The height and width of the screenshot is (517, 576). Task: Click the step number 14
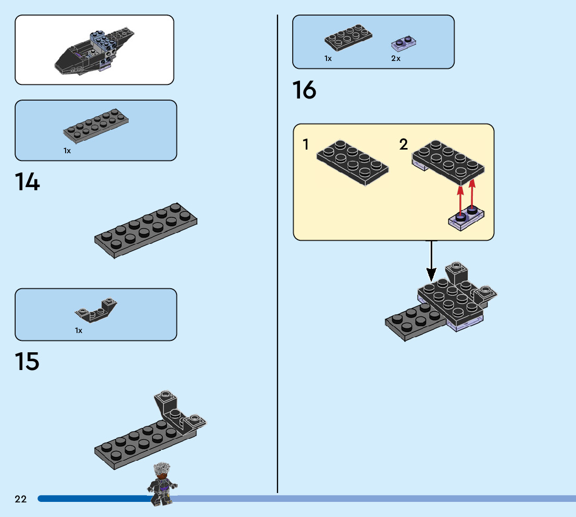(x=27, y=182)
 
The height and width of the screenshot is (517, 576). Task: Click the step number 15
(x=27, y=362)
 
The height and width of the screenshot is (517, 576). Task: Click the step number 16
(x=304, y=90)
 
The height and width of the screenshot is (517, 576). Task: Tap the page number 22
(x=20, y=499)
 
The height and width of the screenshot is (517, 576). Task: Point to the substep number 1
(x=306, y=144)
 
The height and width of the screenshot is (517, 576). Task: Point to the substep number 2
(x=404, y=144)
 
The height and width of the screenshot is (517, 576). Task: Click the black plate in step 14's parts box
(x=96, y=127)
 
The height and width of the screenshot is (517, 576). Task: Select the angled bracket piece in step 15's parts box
(x=96, y=311)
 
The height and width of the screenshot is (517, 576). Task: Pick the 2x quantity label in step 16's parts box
(x=396, y=58)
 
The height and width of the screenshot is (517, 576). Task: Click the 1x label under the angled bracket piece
(x=79, y=330)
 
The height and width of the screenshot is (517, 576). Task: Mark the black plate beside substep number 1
(x=352, y=163)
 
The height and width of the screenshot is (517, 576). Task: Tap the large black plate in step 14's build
(x=146, y=231)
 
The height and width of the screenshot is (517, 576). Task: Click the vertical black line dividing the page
(x=278, y=261)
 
